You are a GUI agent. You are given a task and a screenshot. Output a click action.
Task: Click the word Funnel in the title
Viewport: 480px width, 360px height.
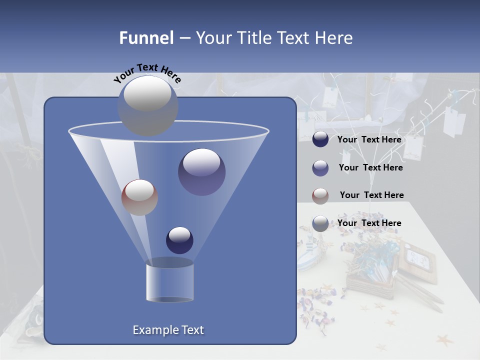pos(146,38)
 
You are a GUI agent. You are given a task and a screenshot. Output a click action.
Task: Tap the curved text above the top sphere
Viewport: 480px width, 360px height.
pos(147,72)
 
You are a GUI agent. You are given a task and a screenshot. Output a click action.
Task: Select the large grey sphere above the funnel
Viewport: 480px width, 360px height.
pos(147,105)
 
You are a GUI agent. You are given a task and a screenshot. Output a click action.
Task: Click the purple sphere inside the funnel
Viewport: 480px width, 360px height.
pos(201,172)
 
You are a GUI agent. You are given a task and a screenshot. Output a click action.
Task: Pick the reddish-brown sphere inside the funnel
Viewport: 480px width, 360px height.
pos(139,197)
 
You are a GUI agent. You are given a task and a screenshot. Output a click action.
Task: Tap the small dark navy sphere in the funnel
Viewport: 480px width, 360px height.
pos(179,240)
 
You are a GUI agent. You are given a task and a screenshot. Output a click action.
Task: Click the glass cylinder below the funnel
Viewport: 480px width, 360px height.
pos(169,282)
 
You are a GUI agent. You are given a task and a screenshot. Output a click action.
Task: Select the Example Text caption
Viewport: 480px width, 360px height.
pos(168,330)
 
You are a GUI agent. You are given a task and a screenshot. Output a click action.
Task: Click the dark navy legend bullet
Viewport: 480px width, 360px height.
pos(320,139)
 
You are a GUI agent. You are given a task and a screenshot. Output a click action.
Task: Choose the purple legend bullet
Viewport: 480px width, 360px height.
pos(320,168)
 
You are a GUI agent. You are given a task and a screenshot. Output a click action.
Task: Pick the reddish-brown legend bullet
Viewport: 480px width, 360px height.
pos(320,196)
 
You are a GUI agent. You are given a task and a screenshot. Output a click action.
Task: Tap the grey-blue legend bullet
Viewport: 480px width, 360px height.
pos(320,223)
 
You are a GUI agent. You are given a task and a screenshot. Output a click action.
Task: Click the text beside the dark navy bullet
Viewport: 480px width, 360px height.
pos(369,140)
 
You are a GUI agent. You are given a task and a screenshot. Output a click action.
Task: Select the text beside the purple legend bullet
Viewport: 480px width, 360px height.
pos(370,168)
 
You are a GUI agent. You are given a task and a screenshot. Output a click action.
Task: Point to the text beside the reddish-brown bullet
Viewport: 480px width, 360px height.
pos(371,195)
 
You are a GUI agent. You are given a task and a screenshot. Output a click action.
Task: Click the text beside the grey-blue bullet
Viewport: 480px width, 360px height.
pos(369,223)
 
